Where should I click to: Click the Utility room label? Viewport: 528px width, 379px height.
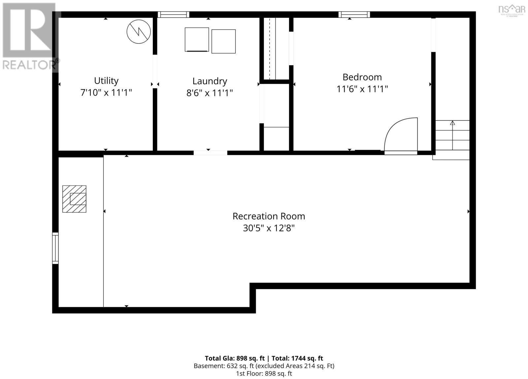coord(106,81)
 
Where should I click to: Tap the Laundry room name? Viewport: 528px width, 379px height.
coord(210,81)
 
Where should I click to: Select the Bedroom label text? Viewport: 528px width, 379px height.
coord(362,77)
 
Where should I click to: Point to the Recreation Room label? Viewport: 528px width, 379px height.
coord(269,216)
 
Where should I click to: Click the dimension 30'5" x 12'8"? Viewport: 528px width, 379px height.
coord(269,228)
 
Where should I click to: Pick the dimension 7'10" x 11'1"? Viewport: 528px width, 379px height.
coord(106,93)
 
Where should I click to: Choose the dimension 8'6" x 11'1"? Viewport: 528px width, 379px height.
coord(210,93)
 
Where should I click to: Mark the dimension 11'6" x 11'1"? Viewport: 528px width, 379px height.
coord(362,89)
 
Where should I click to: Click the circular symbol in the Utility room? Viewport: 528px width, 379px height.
coord(139,32)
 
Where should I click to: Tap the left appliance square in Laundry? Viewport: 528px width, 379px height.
coord(197,40)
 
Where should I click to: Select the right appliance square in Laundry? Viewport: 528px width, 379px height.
coord(223,42)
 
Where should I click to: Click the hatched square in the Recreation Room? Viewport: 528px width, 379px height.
coord(74,199)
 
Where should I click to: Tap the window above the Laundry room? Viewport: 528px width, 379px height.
coord(174,15)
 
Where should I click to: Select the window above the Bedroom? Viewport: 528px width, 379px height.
coord(354,15)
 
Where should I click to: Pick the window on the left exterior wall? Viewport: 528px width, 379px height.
coord(55,248)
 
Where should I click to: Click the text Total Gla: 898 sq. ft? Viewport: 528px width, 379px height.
coord(235,358)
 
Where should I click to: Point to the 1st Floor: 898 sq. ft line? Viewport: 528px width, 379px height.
coord(264,373)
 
